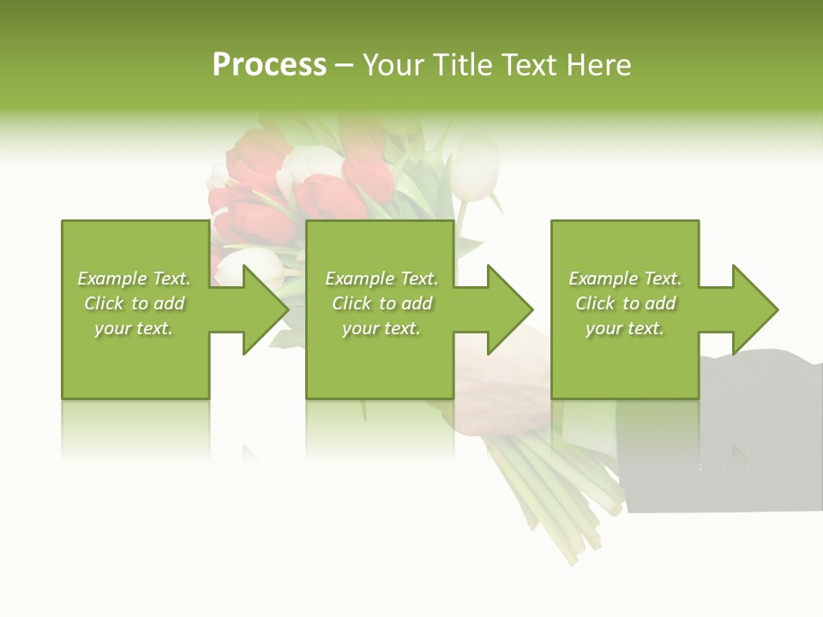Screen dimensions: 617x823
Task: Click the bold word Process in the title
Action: (x=269, y=65)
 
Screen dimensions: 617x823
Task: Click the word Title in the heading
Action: (x=463, y=65)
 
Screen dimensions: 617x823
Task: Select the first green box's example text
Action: (x=134, y=303)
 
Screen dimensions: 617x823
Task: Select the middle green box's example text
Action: (x=381, y=303)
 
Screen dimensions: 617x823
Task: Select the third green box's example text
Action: (x=625, y=303)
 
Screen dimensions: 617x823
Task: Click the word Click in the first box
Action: (x=105, y=303)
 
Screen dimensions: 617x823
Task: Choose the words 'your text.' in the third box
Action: (x=625, y=328)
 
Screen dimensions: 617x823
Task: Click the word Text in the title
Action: (x=526, y=65)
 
